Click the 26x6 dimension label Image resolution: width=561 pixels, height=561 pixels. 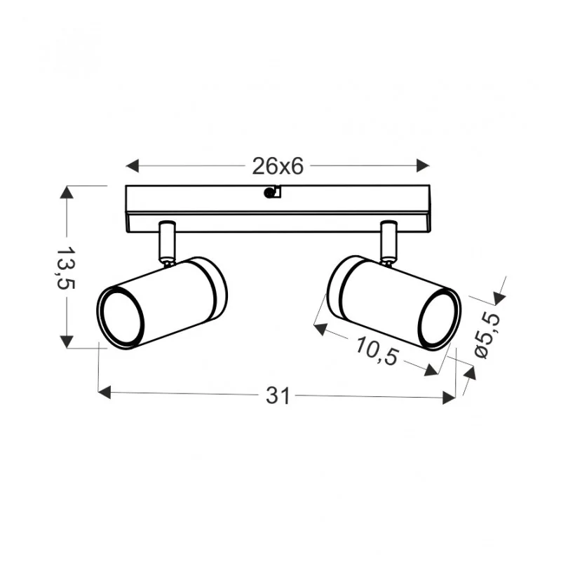click(x=278, y=166)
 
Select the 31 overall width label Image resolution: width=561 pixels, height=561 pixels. click(x=277, y=396)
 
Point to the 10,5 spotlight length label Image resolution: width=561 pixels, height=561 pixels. click(x=376, y=351)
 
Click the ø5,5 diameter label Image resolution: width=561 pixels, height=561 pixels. click(x=487, y=334)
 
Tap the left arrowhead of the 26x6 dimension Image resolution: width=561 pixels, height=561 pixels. click(x=133, y=165)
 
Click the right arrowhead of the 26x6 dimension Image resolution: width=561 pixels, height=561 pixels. click(x=423, y=165)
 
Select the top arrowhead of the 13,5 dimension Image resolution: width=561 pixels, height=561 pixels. click(x=67, y=192)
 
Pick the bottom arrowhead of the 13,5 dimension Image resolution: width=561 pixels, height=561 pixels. click(x=67, y=342)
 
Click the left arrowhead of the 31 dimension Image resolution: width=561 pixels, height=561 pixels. click(x=104, y=392)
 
